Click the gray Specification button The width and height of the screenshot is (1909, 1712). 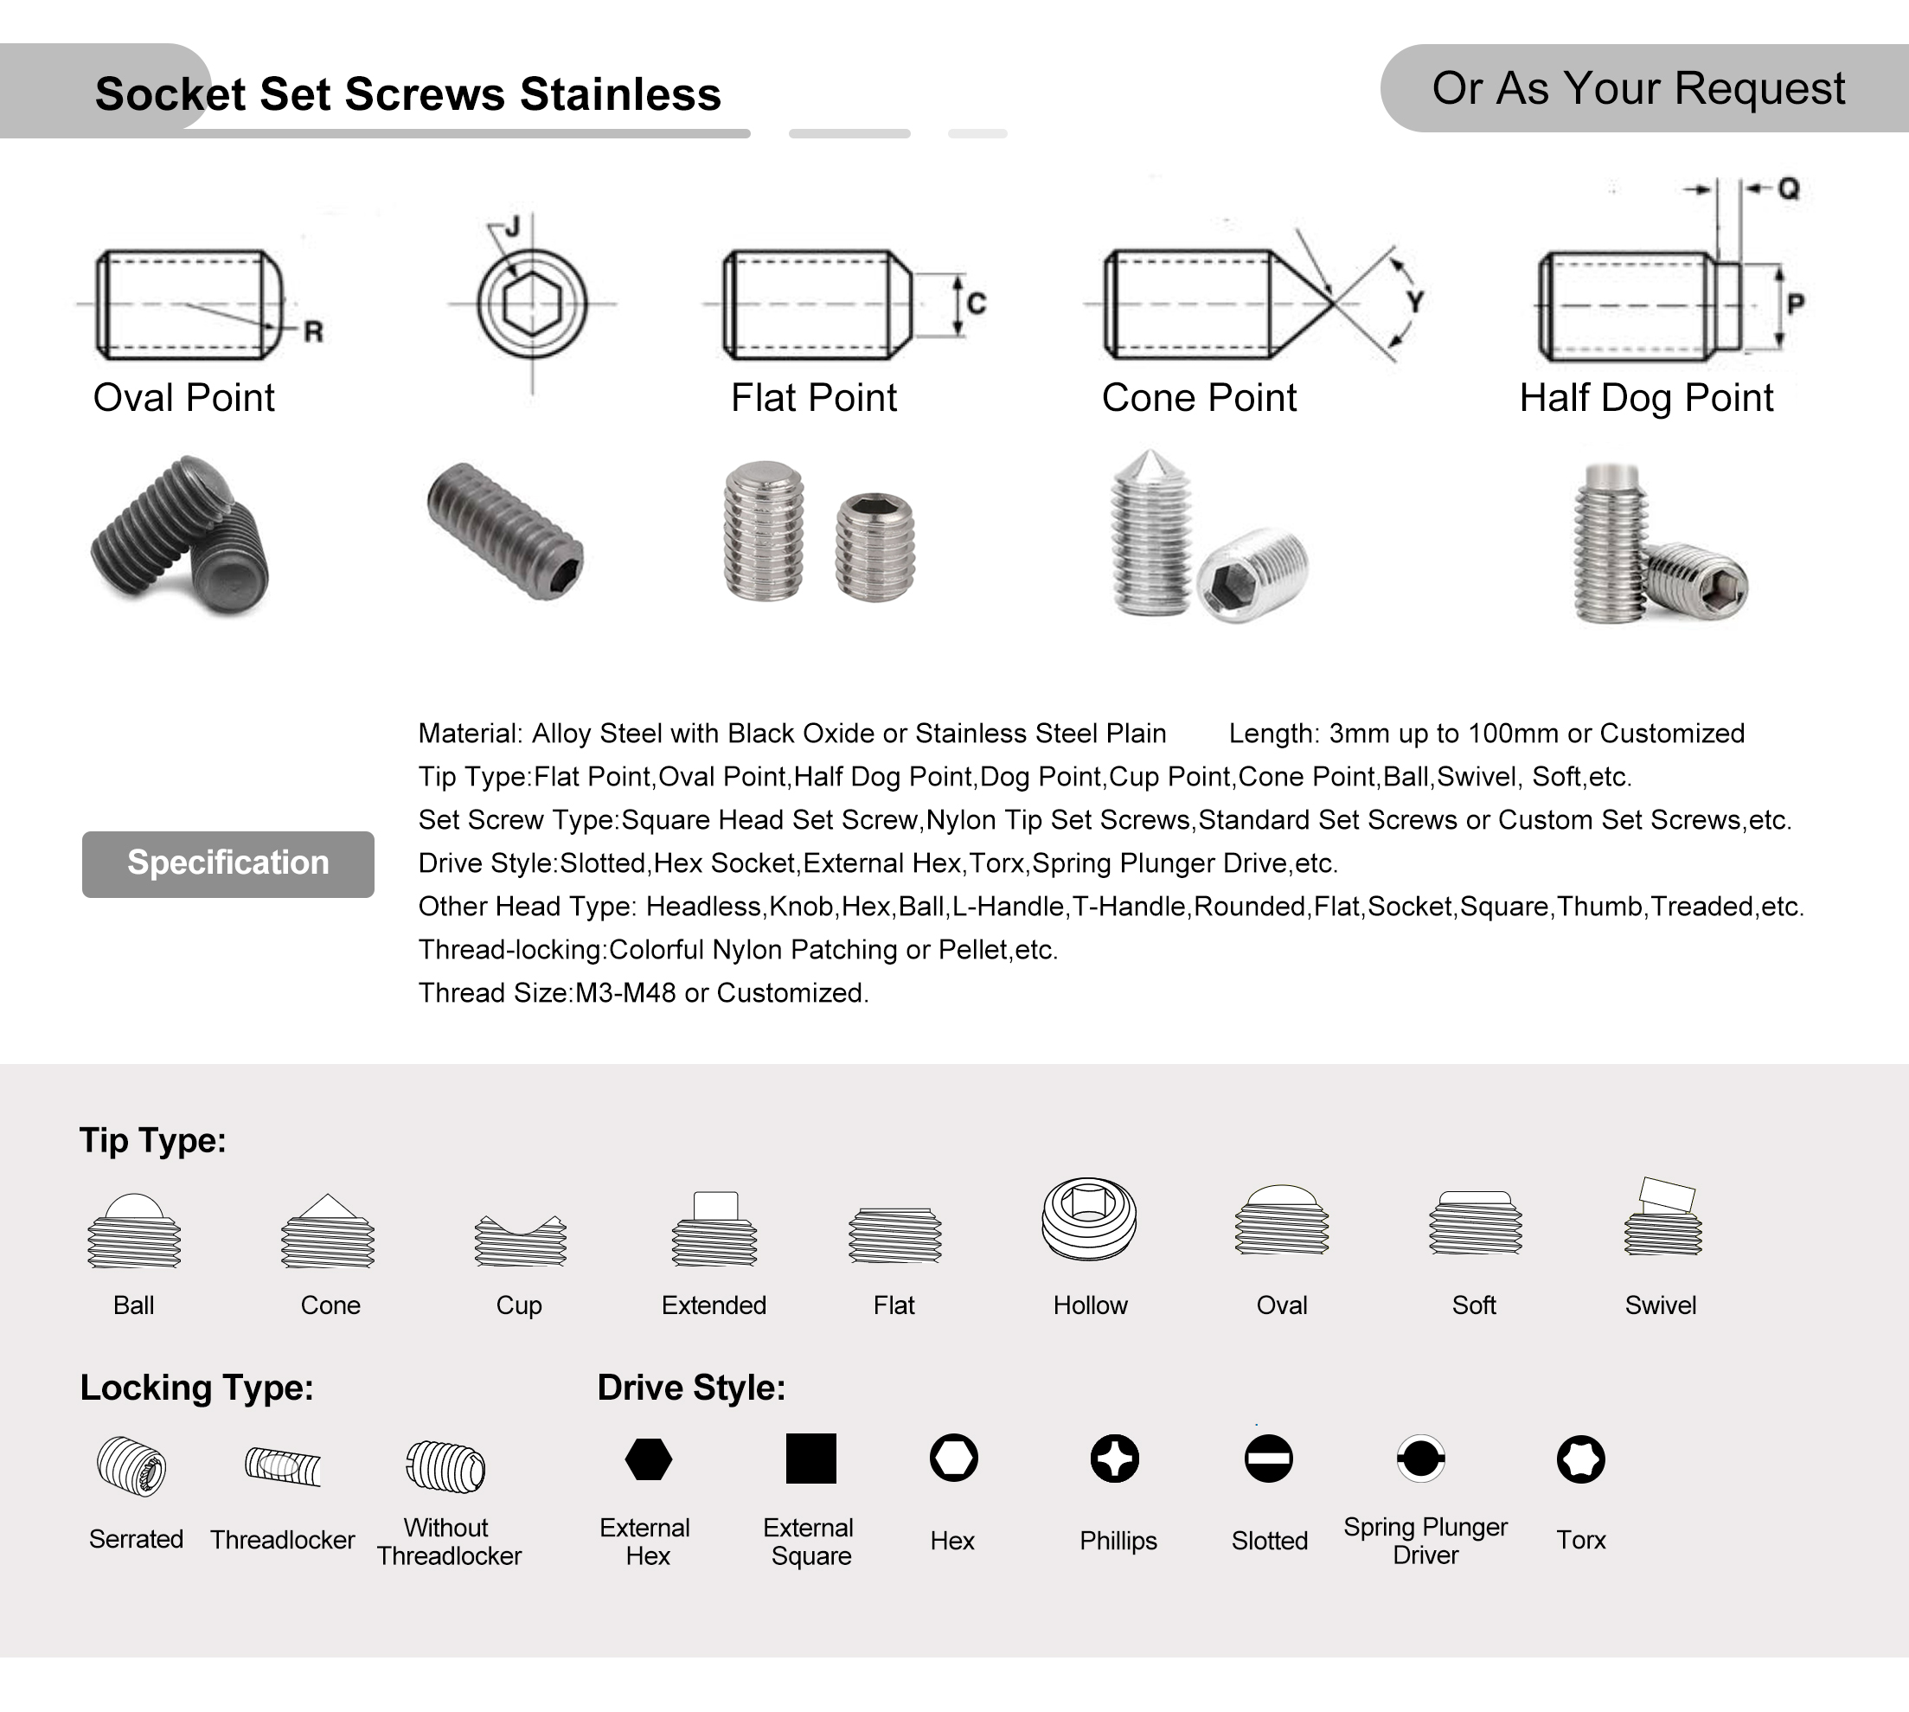[x=227, y=863]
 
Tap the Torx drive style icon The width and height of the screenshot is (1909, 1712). [x=1581, y=1459]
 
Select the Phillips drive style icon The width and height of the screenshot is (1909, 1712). [x=1114, y=1459]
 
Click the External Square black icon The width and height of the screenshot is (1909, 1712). [x=810, y=1459]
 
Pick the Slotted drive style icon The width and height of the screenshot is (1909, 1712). [x=1269, y=1459]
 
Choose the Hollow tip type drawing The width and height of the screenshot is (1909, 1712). [x=1089, y=1218]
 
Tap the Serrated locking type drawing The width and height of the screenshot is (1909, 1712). [x=131, y=1466]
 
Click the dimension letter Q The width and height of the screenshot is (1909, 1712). [x=1789, y=189]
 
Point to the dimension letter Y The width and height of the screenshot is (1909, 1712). [x=1415, y=302]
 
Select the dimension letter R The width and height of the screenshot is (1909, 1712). [x=313, y=331]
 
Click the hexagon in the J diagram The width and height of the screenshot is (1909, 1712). [x=532, y=304]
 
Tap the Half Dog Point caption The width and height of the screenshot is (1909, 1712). [x=1646, y=398]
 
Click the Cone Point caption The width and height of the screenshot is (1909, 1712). [x=1199, y=398]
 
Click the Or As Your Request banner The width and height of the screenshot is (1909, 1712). [x=1638, y=88]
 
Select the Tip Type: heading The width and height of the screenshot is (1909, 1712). [x=152, y=1140]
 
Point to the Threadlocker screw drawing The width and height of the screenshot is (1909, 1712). [x=283, y=1466]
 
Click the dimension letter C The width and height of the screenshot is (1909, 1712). [x=977, y=303]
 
